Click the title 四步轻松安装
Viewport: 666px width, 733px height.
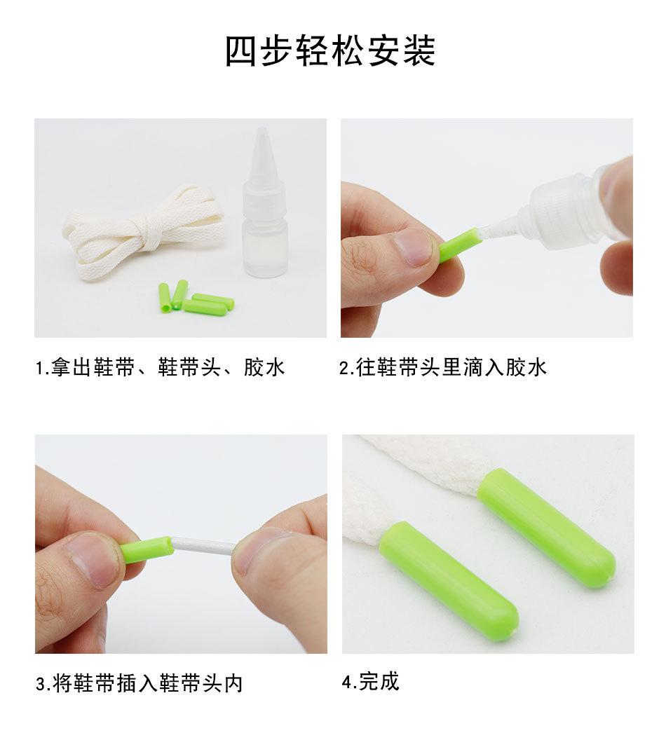click(x=330, y=50)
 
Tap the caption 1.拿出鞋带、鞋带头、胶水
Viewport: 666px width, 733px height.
click(x=161, y=367)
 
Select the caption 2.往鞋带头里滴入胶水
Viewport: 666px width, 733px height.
click(x=443, y=367)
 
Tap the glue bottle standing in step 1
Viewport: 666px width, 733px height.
click(x=265, y=210)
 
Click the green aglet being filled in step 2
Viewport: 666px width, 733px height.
click(x=461, y=245)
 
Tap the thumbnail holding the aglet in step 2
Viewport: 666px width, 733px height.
click(x=414, y=247)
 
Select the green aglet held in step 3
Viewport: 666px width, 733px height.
click(x=147, y=549)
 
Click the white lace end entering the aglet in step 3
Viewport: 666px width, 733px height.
click(x=203, y=545)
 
